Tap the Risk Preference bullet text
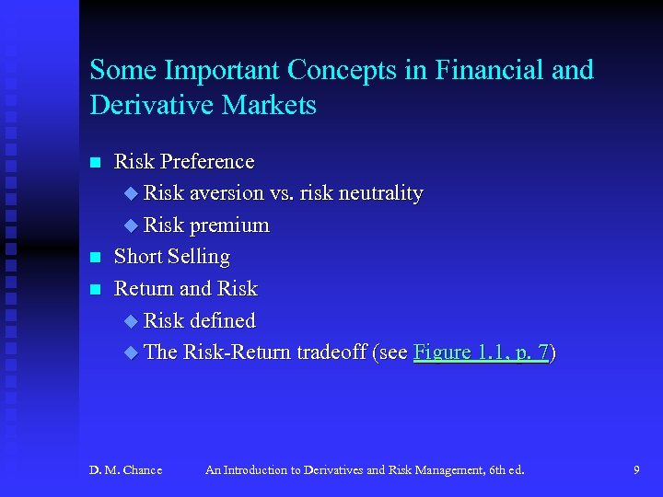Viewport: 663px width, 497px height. [183, 162]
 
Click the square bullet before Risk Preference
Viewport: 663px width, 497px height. [95, 163]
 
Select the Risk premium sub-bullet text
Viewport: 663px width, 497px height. [206, 225]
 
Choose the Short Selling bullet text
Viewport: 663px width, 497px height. [171, 257]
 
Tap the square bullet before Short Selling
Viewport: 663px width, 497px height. [95, 258]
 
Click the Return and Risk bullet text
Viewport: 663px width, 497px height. [185, 289]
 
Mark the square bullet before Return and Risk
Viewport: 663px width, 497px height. [95, 290]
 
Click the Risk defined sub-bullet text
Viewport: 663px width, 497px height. [199, 320]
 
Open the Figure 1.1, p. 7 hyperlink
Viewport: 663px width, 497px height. [481, 353]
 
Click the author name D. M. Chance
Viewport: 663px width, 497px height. [125, 470]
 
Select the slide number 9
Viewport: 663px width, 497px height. [636, 470]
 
